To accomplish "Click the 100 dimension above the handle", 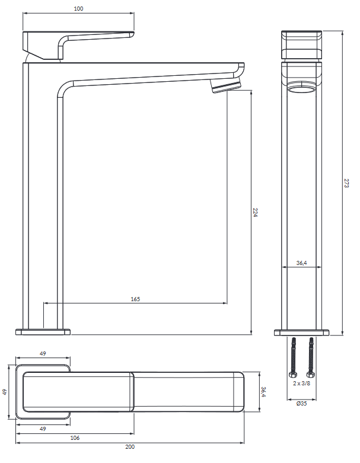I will tap(79, 9).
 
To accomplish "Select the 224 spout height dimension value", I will tap(255, 212).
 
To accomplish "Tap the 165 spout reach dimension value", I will tap(135, 299).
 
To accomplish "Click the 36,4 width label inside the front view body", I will tap(301, 263).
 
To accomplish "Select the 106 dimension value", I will tap(74, 438).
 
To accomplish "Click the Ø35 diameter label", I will tap(301, 404).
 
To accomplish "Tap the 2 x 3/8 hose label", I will tap(302, 384).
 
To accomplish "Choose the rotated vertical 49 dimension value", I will tap(5, 392).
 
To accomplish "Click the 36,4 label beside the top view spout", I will tap(264, 392).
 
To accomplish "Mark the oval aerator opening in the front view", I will tap(301, 90).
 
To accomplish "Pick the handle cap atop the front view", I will tap(301, 44).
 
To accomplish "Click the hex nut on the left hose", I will tap(293, 375).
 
